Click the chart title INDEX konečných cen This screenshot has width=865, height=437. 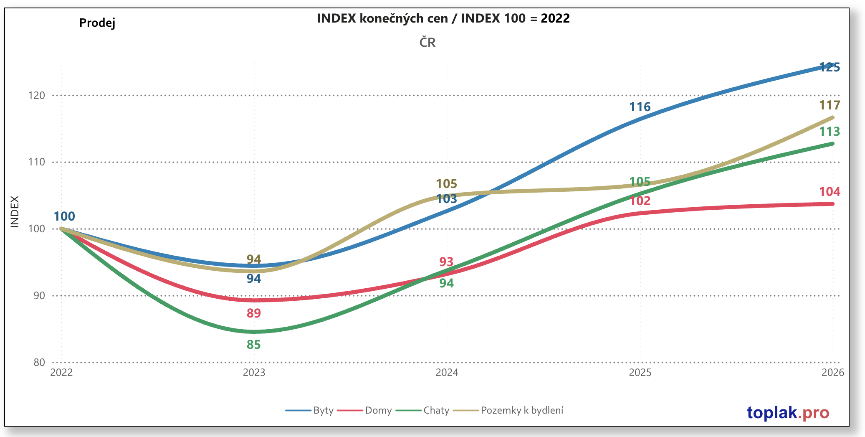443,18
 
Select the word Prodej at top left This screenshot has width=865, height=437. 97,23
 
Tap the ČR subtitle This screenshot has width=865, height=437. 427,42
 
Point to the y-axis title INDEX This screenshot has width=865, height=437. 15,211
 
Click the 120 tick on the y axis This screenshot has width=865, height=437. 37,96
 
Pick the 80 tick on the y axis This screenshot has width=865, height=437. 39,362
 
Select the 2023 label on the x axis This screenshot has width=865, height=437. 254,372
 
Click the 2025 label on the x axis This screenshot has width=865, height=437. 640,372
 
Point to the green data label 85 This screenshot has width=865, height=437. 253,345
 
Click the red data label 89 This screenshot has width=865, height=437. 253,313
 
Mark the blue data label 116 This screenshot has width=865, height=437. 640,107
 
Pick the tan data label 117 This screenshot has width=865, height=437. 829,105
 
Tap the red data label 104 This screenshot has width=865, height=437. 829,192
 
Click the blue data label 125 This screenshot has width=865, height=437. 829,67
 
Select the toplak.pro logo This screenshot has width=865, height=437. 788,413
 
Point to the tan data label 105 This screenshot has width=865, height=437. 446,184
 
